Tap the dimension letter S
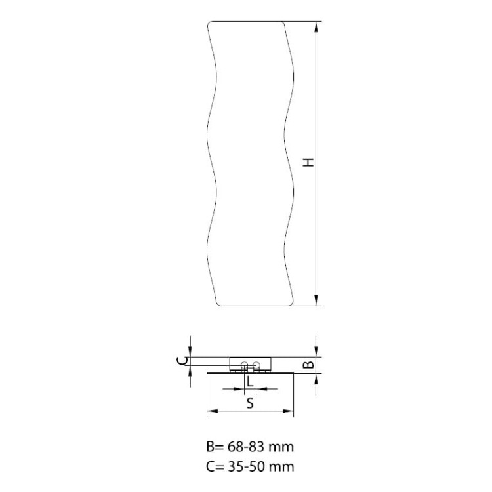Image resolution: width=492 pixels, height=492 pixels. pyautogui.click(x=250, y=403)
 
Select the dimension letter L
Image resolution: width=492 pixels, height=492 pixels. pyautogui.click(x=250, y=382)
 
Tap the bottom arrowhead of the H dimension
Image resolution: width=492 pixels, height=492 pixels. pyautogui.click(x=316, y=300)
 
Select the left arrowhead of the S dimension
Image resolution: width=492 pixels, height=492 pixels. pyautogui.click(x=213, y=411)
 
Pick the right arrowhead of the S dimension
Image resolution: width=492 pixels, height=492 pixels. pyautogui.click(x=288, y=411)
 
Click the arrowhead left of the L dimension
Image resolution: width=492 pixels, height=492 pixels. pyautogui.click(x=239, y=389)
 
